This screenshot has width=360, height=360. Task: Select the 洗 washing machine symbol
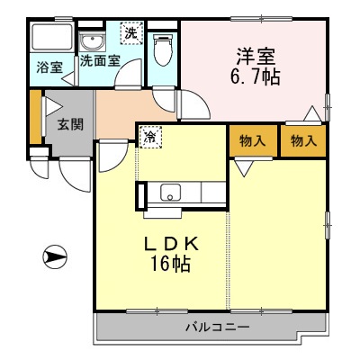click(131, 32)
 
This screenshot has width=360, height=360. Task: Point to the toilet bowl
click(162, 49)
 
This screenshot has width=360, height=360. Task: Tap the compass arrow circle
click(55, 257)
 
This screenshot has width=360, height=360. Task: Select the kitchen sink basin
click(170, 192)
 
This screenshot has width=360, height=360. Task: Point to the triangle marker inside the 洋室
click(312, 113)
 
